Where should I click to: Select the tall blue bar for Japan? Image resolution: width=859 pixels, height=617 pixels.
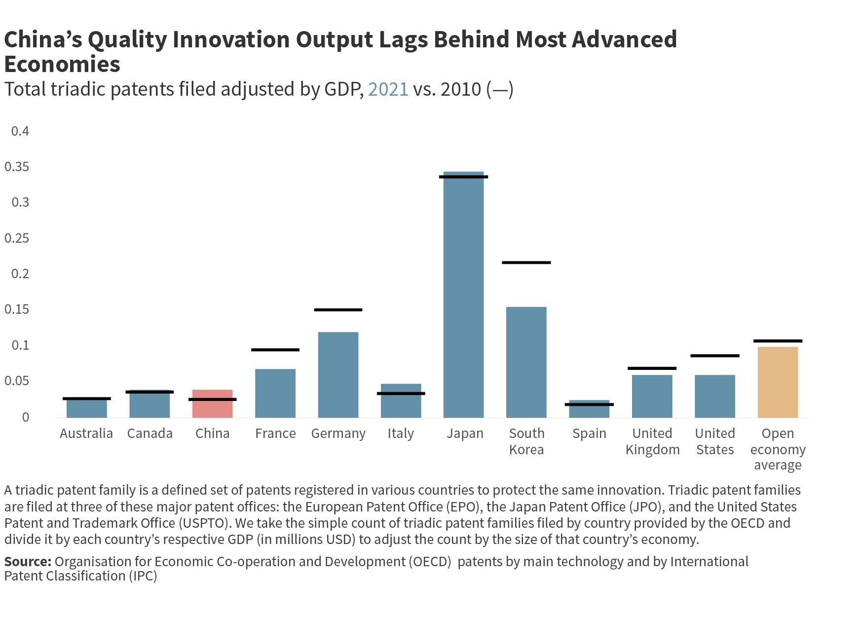(x=463, y=296)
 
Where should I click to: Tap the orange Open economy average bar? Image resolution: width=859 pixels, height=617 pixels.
(x=778, y=382)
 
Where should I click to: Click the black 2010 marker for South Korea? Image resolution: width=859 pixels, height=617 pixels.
(x=526, y=262)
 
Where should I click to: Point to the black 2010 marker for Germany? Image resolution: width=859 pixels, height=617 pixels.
(x=338, y=310)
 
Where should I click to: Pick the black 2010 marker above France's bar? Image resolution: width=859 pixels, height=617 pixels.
(x=275, y=350)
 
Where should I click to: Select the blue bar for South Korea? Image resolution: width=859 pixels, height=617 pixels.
(x=526, y=363)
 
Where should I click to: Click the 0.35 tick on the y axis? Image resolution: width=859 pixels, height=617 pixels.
(x=17, y=167)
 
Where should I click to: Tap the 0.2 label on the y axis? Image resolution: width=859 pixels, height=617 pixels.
(x=20, y=274)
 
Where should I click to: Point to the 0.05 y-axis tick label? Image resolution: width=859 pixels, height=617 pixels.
(x=17, y=381)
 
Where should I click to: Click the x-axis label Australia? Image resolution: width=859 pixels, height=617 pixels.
(x=86, y=434)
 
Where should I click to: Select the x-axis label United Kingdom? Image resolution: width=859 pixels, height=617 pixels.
(x=652, y=441)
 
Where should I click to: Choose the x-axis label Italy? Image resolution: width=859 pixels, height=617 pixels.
(x=401, y=434)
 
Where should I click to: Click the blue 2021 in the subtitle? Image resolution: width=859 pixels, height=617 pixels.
(x=388, y=89)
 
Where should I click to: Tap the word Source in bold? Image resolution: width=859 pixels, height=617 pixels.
(x=28, y=561)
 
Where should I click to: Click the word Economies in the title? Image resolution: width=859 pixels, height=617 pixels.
(x=62, y=64)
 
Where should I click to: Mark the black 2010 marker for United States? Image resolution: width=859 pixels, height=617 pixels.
(x=714, y=356)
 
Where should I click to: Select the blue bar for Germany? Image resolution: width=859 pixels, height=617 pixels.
(x=338, y=375)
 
